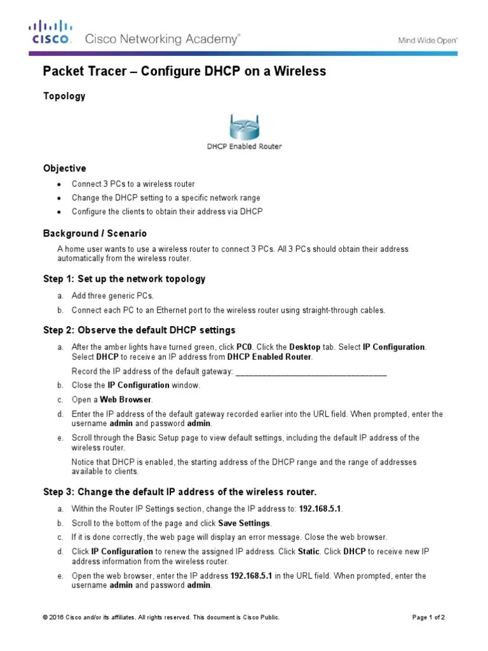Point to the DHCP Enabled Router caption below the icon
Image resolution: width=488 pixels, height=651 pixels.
pos(244,146)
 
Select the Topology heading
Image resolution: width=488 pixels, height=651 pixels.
pos(64,96)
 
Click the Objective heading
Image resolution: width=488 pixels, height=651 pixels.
pos(64,168)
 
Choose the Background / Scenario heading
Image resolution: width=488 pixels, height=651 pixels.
pos(95,233)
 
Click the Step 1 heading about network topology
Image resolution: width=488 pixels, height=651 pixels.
pos(124,279)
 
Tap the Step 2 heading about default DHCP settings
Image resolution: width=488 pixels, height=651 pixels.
pos(139,330)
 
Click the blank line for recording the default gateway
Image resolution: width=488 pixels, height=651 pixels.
pos(311,371)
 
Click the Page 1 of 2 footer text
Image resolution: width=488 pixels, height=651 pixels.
pos(429,617)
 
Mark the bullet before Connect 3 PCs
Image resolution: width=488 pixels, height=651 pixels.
pos(59,184)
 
